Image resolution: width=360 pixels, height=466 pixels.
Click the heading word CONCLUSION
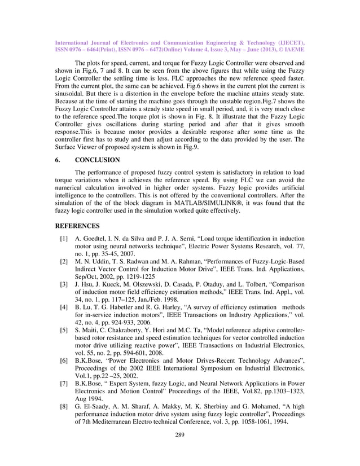(x=97, y=160)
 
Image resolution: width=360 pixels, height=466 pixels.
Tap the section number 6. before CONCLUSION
(x=57, y=160)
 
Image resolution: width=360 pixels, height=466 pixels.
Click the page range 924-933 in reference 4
(x=128, y=315)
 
